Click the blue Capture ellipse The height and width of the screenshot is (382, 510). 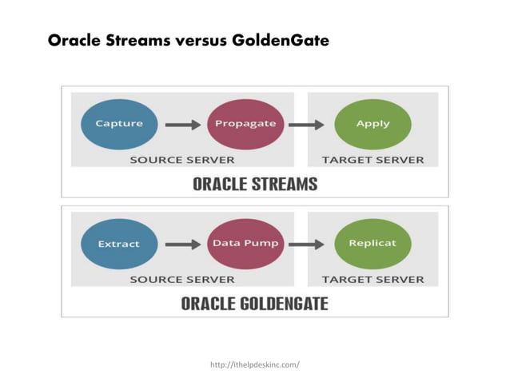point(119,124)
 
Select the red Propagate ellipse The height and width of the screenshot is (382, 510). point(245,124)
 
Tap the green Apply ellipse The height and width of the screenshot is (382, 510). point(373,124)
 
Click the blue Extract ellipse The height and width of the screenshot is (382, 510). point(119,244)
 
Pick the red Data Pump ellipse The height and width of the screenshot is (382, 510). point(245,243)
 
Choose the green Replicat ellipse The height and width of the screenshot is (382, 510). point(373,243)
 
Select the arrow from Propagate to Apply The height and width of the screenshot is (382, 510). point(306,125)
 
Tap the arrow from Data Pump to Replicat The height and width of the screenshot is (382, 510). point(306,244)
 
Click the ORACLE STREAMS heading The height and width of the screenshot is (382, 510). point(254,184)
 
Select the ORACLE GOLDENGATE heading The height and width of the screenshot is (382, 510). point(254,304)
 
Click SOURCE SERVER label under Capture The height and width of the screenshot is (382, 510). point(182,160)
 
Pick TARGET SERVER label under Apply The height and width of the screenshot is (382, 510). point(373,160)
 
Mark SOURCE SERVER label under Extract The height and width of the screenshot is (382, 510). point(182,280)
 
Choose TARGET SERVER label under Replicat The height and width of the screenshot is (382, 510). point(373,280)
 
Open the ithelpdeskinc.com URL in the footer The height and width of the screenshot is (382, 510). point(254,365)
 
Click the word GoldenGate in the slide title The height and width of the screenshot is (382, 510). point(280,40)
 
